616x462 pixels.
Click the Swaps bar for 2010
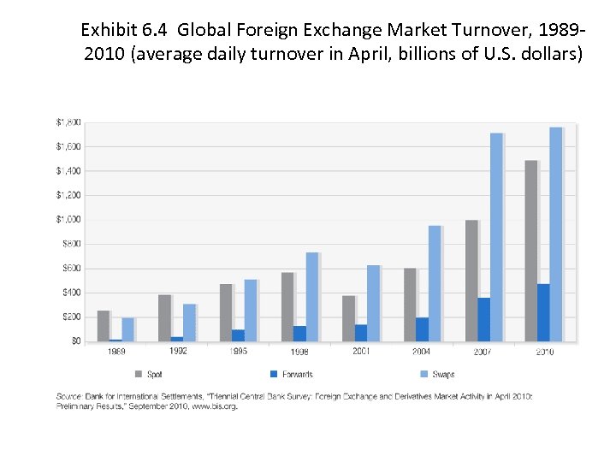point(556,234)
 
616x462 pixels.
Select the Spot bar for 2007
point(471,281)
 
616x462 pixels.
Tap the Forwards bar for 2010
point(543,312)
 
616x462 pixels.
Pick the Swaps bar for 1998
point(311,297)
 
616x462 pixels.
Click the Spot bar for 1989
point(104,326)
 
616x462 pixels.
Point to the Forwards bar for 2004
point(422,329)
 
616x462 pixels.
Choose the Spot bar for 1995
point(226,312)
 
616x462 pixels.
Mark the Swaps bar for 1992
point(189,323)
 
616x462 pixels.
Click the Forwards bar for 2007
point(483,319)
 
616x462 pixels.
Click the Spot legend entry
point(150,374)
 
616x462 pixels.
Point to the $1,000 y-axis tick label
point(69,219)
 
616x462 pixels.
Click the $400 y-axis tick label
point(71,293)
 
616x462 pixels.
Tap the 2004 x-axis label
point(422,352)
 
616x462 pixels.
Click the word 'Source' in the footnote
point(68,397)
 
